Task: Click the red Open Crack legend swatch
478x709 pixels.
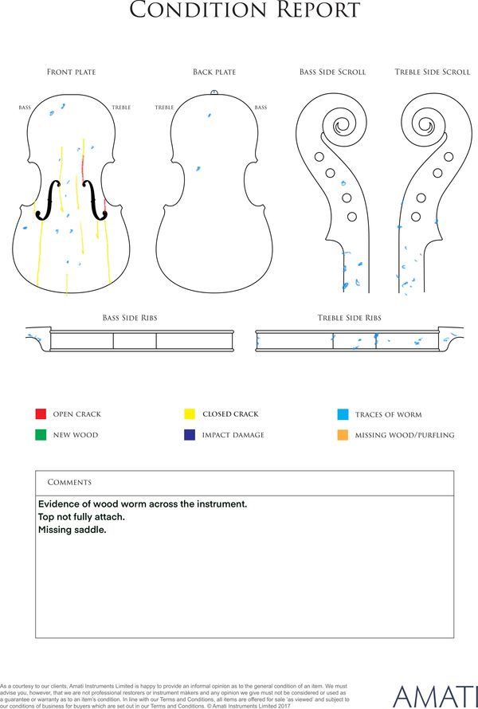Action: click(41, 413)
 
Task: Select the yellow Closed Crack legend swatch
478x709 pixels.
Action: click(190, 413)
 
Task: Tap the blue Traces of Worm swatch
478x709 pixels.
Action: click(343, 414)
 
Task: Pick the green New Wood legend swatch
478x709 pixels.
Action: click(41, 435)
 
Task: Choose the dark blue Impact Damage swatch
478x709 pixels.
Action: click(190, 435)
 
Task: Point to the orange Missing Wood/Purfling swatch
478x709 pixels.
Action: click(343, 435)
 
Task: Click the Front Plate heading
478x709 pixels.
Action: click(72, 72)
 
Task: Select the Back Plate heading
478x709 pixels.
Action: click(214, 72)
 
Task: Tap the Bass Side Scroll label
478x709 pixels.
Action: click(332, 72)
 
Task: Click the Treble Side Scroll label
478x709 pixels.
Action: click(433, 72)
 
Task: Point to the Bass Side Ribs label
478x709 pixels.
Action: click(130, 318)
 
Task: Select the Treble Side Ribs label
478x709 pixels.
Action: click(349, 318)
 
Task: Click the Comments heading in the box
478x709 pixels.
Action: click(69, 483)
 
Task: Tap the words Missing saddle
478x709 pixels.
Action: click(72, 530)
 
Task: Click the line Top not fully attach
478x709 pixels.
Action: click(81, 517)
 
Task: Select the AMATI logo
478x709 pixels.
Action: click(436, 697)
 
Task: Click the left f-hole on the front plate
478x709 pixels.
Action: click(48, 200)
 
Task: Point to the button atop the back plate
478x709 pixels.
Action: click(214, 92)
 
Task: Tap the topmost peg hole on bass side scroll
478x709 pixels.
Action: click(319, 157)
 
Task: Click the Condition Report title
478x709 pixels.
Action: click(245, 10)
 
